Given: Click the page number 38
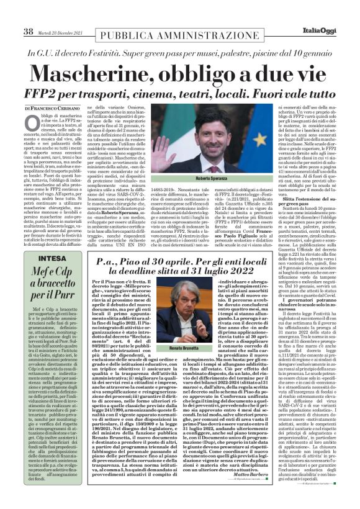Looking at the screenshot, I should (29, 31).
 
